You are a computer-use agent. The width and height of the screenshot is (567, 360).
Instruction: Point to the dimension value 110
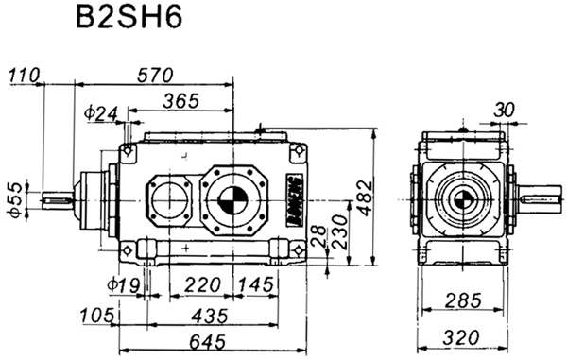23,73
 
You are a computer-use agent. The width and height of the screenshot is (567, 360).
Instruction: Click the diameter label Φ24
100,113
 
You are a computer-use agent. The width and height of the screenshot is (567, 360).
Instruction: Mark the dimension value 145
255,283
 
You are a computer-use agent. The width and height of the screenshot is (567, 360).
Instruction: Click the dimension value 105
97,313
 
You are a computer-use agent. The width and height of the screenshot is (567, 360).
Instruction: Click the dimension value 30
505,111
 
